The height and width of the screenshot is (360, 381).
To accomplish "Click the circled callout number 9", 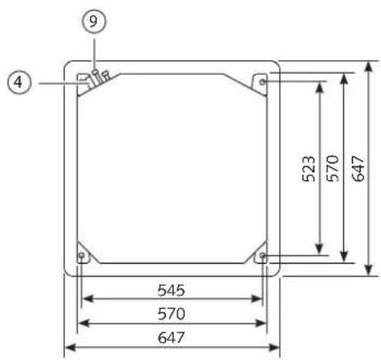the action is (x=94, y=21).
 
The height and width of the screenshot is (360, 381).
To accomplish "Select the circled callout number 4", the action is (x=19, y=82).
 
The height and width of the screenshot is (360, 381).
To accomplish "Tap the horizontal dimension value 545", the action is (x=172, y=290).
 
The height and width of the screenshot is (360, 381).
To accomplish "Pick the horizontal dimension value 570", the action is (x=172, y=314).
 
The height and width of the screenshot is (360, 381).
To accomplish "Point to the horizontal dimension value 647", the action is (x=172, y=338).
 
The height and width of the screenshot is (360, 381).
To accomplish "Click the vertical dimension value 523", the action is (x=308, y=169).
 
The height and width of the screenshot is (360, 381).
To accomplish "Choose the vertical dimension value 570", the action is (x=333, y=168).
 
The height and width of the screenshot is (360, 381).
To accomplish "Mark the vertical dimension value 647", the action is (x=358, y=169).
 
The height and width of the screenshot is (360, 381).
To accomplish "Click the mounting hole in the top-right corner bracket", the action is (x=262, y=82).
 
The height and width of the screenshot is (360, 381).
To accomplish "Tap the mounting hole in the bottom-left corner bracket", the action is (x=82, y=255).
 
